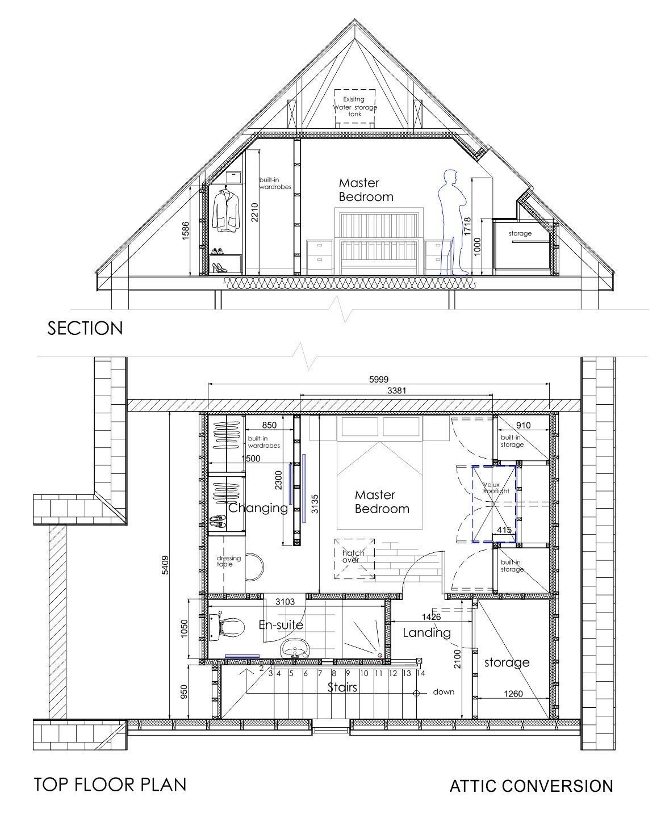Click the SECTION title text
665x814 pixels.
click(85, 328)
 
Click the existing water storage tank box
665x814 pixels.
click(354, 106)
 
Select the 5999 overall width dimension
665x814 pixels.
click(378, 379)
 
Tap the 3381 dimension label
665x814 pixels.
click(396, 391)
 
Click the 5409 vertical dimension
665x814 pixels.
click(165, 565)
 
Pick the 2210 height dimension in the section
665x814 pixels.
click(254, 212)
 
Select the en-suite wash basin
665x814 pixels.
click(295, 648)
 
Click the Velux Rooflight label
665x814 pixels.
click(496, 488)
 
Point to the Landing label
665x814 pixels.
click(426, 632)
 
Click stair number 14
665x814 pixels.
click(421, 674)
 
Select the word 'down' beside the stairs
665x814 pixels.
click(444, 692)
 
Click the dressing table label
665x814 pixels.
click(229, 561)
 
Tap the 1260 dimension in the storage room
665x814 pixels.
click(513, 694)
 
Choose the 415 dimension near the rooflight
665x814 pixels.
click(504, 530)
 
